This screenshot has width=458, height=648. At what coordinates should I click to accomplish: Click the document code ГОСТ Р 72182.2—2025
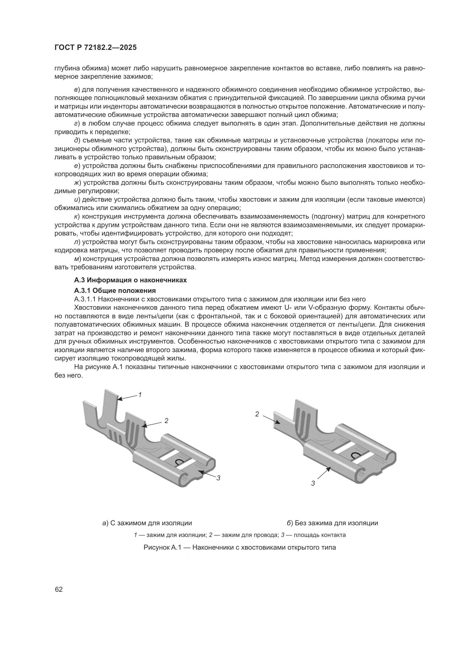pyautogui.click(x=95, y=48)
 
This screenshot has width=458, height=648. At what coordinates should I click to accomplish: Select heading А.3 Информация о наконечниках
pyautogui.click(x=130, y=280)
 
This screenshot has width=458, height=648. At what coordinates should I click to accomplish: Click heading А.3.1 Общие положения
pyautogui.click(x=115, y=290)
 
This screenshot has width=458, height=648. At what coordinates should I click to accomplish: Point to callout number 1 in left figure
pyautogui.click(x=140, y=395)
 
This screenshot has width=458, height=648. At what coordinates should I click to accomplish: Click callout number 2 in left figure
pyautogui.click(x=166, y=421)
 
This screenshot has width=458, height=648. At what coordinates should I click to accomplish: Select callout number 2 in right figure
pyautogui.click(x=257, y=414)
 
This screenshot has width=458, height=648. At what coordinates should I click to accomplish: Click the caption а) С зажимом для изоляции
pyautogui.click(x=147, y=523)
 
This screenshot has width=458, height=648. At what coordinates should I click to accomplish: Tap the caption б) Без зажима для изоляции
pyautogui.click(x=333, y=523)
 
